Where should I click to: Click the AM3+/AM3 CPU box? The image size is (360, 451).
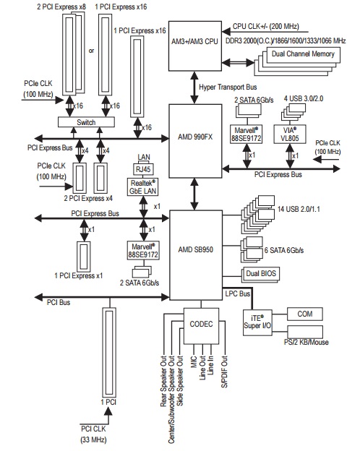195,46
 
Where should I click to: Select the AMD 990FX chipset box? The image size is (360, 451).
195,141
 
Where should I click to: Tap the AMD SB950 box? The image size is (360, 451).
196,255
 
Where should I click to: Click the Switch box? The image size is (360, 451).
86,122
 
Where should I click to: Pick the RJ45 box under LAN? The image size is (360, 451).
143,169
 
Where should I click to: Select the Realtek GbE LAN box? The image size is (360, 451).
142,187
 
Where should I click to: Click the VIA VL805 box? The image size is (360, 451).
290,134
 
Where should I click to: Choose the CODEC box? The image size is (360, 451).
201,326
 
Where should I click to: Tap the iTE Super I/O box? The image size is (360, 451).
257,322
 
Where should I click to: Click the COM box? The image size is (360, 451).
305,314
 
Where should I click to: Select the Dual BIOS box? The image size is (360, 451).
261,274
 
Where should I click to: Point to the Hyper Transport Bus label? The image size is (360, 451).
228,87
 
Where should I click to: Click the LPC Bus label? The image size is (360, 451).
237,293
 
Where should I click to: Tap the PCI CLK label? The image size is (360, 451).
93,429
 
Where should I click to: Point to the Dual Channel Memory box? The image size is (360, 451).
304,55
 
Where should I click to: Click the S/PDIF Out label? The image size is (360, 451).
225,371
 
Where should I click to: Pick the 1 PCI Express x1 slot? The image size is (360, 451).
83,257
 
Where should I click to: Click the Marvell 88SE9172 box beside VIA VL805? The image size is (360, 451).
247,134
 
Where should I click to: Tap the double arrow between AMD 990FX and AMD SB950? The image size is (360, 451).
195,194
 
